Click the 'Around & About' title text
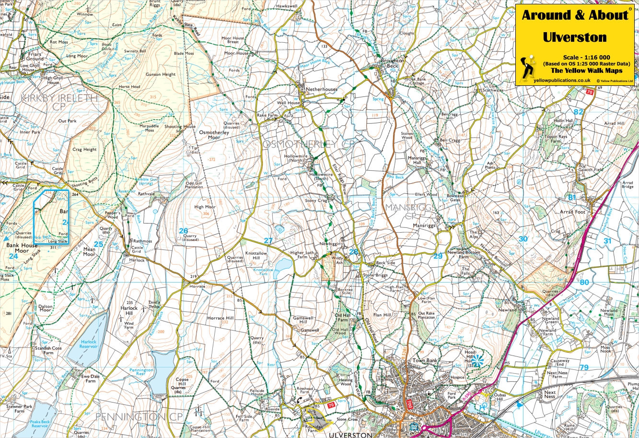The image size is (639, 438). click(574, 15)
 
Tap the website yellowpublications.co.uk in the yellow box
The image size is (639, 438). click(561, 81)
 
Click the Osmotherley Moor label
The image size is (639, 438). click(214, 135)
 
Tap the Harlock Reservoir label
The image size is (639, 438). click(88, 344)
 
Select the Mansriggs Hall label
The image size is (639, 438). click(414, 160)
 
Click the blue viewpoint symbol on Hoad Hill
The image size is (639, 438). click(477, 359)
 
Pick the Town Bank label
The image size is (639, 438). click(425, 360)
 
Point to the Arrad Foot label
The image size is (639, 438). click(572, 212)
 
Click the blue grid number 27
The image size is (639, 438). click(268, 241)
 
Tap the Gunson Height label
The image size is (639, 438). click(161, 75)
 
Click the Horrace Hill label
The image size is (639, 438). click(220, 318)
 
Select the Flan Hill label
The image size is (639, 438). click(382, 315)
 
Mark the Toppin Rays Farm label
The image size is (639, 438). click(556, 139)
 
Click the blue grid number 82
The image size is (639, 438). click(579, 112)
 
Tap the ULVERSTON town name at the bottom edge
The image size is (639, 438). click(350, 435)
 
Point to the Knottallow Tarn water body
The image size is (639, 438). click(283, 264)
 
